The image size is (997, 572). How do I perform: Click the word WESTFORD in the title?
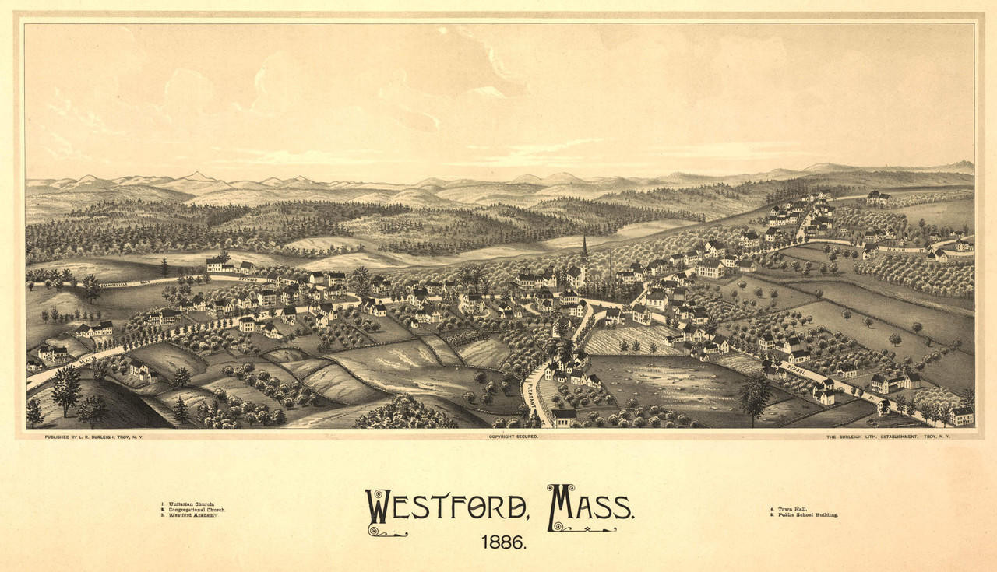tap(447, 507)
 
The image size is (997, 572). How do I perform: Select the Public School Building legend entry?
tap(803, 515)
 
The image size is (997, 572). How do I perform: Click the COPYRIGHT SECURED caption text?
tap(513, 437)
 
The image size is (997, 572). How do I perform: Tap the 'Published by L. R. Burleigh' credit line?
tap(90, 437)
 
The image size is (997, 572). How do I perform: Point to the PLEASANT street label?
tap(532, 396)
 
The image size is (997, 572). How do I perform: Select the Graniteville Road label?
tap(125, 283)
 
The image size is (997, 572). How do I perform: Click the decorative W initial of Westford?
tap(380, 510)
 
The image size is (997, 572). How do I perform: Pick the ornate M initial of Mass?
tap(561, 507)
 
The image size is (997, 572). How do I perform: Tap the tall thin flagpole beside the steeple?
tap(611, 265)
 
